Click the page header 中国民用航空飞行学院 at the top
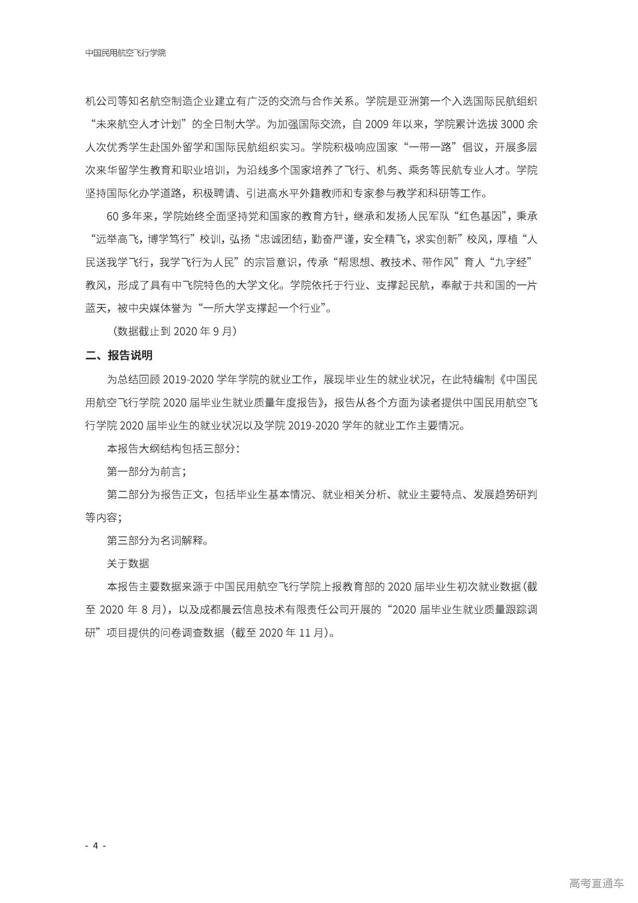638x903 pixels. click(x=126, y=53)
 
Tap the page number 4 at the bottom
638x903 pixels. click(x=95, y=845)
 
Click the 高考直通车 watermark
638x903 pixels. click(x=596, y=883)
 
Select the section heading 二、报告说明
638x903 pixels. click(x=119, y=355)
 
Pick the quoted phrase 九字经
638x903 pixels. click(x=512, y=262)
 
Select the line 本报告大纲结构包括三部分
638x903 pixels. click(x=173, y=449)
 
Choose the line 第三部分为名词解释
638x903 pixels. click(x=157, y=540)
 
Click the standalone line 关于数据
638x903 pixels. click(x=128, y=563)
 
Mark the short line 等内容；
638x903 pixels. click(x=104, y=517)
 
